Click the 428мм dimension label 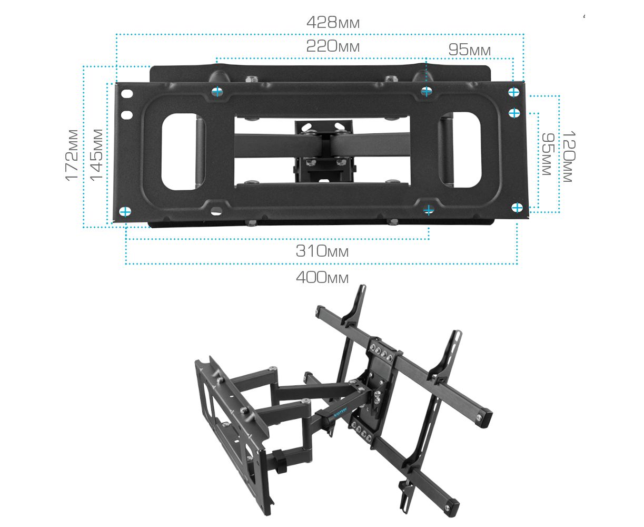coord(333,22)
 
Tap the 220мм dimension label coord(333,46)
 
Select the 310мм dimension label coord(322,251)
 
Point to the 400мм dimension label coord(322,277)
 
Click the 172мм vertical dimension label coord(72,155)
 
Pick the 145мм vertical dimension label coord(96,155)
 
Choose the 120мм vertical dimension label coord(569,157)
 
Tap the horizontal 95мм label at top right coord(470,50)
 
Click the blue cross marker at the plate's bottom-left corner coord(125,211)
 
